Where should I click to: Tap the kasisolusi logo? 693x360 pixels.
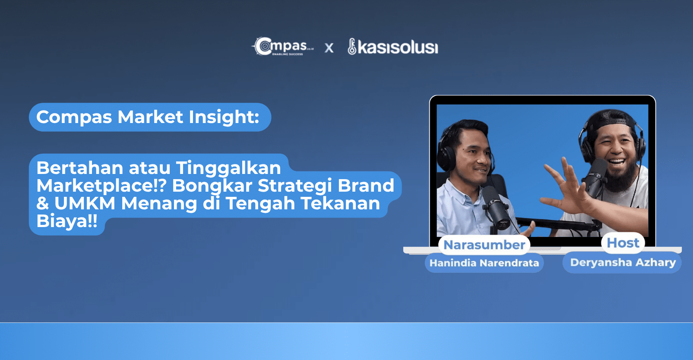tap(393, 47)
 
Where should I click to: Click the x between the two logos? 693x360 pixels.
tap(329, 48)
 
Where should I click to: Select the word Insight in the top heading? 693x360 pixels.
tap(224, 117)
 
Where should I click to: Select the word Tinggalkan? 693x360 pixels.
tap(228, 168)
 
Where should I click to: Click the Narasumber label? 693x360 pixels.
tap(484, 245)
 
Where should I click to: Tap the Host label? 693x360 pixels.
tap(623, 243)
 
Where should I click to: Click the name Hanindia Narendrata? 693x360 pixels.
tap(484, 263)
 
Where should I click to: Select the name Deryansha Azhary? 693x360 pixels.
tap(623, 262)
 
